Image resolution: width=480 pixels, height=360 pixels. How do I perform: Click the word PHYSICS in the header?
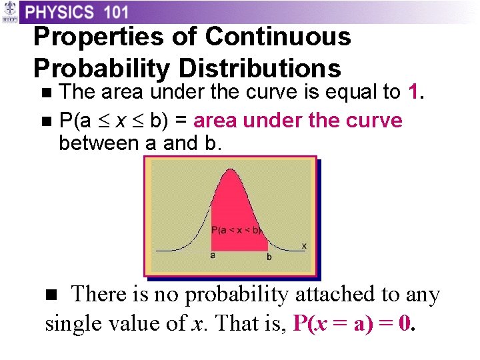tap(61, 12)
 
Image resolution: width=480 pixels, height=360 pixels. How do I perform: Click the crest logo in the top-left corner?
tap(10, 13)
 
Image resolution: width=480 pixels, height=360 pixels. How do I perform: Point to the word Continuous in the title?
tap(278, 37)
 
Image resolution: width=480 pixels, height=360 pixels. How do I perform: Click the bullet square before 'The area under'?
tap(45, 93)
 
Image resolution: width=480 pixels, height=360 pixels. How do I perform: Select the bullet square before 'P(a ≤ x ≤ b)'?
tap(45, 122)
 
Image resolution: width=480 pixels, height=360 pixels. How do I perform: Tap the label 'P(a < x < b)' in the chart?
tap(236, 230)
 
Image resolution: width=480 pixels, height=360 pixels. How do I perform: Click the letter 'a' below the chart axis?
tap(212, 255)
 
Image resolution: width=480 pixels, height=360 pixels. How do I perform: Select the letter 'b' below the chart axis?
tap(269, 256)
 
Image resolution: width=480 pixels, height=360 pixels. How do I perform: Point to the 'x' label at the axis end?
tap(304, 245)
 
